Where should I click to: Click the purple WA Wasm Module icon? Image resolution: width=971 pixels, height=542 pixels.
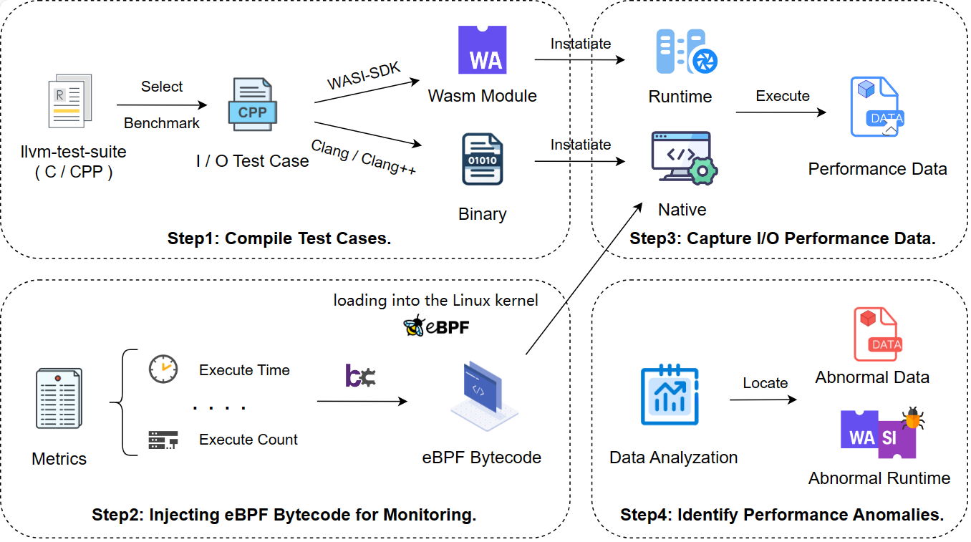click(x=482, y=50)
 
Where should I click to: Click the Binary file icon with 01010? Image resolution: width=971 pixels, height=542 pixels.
click(x=482, y=159)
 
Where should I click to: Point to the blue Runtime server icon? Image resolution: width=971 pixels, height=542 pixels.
click(x=686, y=52)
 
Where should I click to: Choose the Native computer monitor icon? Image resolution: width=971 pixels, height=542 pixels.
click(x=683, y=159)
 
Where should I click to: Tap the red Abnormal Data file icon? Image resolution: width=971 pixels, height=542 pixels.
click(x=875, y=334)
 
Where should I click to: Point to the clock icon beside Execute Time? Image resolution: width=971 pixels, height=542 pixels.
click(x=163, y=369)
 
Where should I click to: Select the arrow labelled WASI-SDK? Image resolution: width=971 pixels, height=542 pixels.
click(x=367, y=92)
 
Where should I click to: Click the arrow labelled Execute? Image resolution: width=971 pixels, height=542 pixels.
click(x=781, y=112)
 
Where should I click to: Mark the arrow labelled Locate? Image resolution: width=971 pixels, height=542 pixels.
click(x=763, y=400)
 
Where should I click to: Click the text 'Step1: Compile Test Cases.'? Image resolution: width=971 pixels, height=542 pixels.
click(x=279, y=238)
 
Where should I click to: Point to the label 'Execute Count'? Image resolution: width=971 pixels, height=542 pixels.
click(x=248, y=440)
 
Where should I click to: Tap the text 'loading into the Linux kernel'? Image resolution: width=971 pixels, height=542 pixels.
click(x=435, y=301)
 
